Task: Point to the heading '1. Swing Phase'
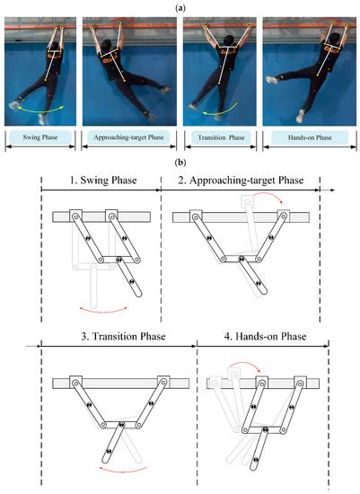click(100, 182)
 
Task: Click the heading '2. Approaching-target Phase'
click(243, 182)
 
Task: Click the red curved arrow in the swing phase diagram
click(101, 309)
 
